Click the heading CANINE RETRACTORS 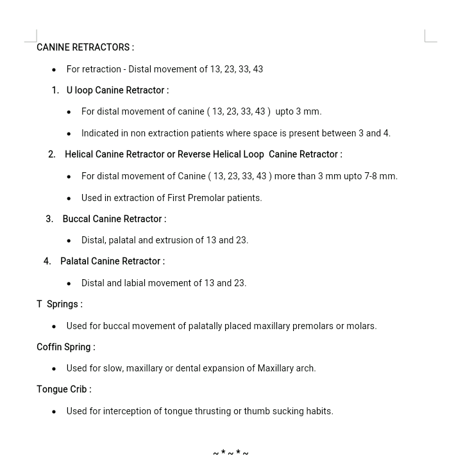point(85,47)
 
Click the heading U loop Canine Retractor point(117,90)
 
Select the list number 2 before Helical point(51,154)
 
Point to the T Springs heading point(59,304)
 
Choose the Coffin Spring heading point(65,347)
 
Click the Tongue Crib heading point(63,389)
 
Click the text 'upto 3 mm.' point(298,111)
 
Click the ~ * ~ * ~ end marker point(230,453)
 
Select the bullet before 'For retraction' point(54,69)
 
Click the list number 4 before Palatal point(47,261)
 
